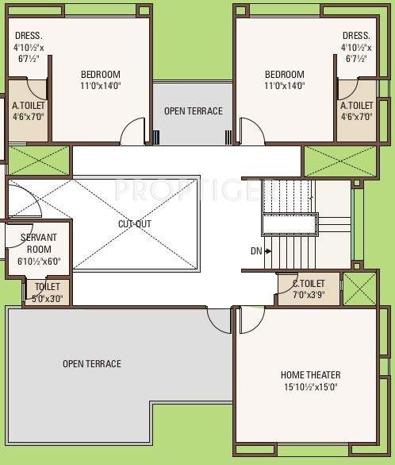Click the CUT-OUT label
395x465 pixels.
tap(135, 224)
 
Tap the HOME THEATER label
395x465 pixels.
tap(311, 374)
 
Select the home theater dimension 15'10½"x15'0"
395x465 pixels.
tap(311, 387)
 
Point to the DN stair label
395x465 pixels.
tap(256, 251)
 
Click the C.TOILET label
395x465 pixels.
tap(309, 284)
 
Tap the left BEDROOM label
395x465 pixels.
tap(100, 75)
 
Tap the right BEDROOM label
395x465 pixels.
tap(285, 75)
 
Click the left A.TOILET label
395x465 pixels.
tap(28, 105)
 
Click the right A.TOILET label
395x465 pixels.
tap(356, 105)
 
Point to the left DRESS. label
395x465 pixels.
tap(28, 36)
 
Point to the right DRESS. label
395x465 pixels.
tap(356, 36)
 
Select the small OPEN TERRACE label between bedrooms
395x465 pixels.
tap(193, 110)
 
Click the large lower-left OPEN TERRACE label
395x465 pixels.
tap(92, 364)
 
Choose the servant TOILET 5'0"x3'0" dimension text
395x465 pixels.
tap(48, 300)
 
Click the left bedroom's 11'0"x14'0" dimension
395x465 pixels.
tap(100, 86)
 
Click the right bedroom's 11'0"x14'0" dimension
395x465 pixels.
tap(285, 86)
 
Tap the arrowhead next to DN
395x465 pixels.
tap(270, 251)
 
